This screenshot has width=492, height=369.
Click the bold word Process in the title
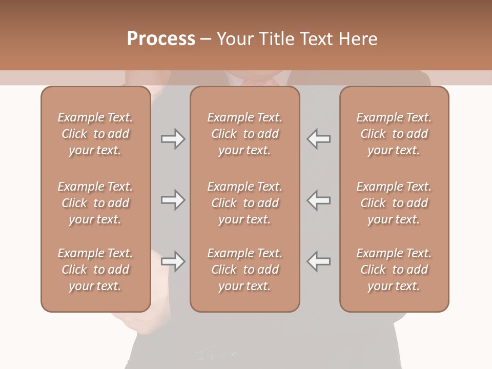[161, 39]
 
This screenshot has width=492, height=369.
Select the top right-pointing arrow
[173, 139]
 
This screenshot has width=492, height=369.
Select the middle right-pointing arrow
[173, 200]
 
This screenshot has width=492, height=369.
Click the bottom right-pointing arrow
[173, 261]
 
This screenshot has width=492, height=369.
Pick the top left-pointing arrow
[319, 139]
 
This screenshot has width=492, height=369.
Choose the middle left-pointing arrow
[319, 200]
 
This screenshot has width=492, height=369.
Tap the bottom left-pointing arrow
[319, 261]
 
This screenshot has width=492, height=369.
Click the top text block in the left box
[95, 134]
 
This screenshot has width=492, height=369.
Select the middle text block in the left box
[95, 203]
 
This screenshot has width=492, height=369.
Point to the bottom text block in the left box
[95, 270]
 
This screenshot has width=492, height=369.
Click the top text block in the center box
[244, 134]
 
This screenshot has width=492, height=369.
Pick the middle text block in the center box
[244, 203]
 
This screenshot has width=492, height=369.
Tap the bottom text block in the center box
[244, 270]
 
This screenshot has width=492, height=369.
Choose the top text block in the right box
[394, 134]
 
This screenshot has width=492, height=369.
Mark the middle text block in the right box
[394, 203]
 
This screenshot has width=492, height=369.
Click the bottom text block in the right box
[394, 270]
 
